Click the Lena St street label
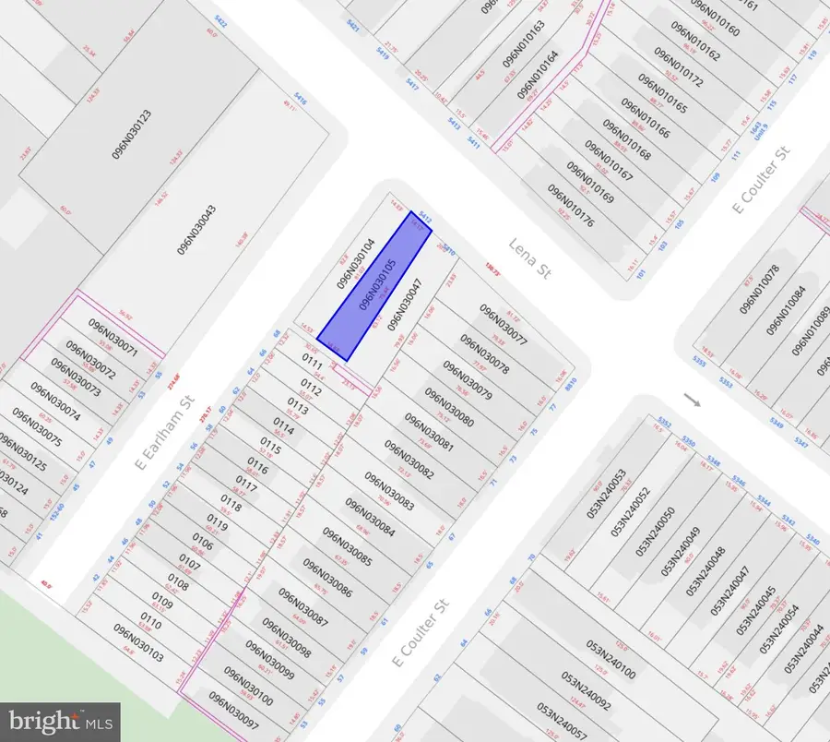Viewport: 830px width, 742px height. coord(529,259)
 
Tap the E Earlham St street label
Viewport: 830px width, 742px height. coord(167,431)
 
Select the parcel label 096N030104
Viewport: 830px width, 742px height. coord(355,268)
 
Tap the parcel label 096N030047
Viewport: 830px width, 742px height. coord(405,305)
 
